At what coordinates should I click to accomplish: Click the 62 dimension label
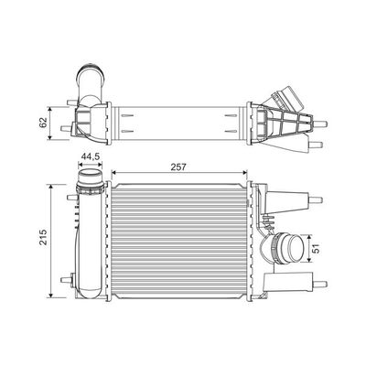pyautogui.click(x=44, y=123)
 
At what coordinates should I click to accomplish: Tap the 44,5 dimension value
pyautogui.click(x=90, y=156)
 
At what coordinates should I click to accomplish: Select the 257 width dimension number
pyautogui.click(x=178, y=167)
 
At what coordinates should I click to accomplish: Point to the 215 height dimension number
pyautogui.click(x=44, y=237)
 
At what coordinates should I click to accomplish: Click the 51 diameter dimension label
pyautogui.click(x=318, y=249)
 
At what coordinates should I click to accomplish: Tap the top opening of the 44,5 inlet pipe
pyautogui.click(x=90, y=177)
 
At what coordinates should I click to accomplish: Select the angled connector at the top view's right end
pyautogui.click(x=290, y=98)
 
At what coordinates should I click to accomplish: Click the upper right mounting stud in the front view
pyautogui.click(x=316, y=200)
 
